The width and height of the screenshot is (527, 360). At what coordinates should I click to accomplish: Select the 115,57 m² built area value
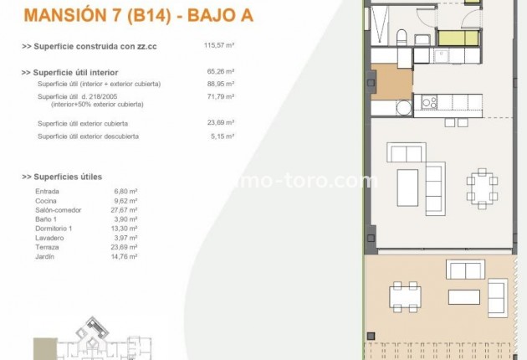[x=220, y=46]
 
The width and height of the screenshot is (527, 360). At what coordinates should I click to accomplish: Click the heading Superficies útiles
[x=66, y=177]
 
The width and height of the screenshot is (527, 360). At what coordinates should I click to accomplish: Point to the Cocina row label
[x=49, y=201]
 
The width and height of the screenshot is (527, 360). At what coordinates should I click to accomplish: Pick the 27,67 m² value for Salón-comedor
[x=126, y=210]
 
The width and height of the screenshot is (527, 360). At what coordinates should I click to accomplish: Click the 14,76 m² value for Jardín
[x=126, y=256]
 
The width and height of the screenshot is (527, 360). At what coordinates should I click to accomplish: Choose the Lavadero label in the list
[x=52, y=238]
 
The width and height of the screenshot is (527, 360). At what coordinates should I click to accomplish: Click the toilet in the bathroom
[x=401, y=37]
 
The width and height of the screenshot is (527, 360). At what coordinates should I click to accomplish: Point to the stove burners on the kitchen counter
[x=430, y=102]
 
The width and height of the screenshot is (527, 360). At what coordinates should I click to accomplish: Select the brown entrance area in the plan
[x=395, y=82]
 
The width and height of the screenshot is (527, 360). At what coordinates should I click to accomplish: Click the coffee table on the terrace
[x=463, y=296]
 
